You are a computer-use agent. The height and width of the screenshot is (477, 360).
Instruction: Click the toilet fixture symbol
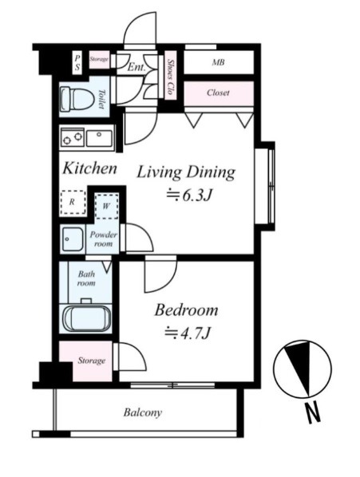tap(77, 99)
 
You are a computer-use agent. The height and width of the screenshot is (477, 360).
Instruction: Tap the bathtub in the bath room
tap(87, 318)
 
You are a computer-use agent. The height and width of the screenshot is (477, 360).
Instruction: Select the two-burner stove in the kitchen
tap(73, 137)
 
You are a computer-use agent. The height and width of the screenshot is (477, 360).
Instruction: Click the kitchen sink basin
tap(99, 138)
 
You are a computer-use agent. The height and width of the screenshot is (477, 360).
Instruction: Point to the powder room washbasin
tap(72, 239)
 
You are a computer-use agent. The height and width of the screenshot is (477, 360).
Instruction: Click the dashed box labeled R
tap(73, 203)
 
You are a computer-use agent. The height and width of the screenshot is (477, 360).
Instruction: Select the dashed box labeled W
tap(106, 207)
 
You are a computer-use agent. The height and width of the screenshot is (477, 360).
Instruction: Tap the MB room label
tap(218, 62)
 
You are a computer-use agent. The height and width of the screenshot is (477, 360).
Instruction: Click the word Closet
tap(218, 93)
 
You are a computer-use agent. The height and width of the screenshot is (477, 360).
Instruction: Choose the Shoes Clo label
tap(170, 77)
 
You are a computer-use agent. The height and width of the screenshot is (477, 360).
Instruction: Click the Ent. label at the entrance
tap(136, 67)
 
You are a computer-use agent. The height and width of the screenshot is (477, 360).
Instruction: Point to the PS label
tap(77, 63)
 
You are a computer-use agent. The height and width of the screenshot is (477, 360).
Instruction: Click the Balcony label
tap(142, 412)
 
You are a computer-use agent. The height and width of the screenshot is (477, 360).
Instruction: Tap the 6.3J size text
tap(188, 195)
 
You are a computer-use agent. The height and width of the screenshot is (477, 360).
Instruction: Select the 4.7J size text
tap(188, 333)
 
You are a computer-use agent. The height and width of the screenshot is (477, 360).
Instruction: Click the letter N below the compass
tap(313, 412)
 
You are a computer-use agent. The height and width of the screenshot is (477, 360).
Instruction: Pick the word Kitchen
tap(89, 168)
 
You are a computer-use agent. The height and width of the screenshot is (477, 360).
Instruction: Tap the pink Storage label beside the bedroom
tap(91, 361)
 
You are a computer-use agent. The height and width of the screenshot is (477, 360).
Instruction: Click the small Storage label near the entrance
tap(99, 59)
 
